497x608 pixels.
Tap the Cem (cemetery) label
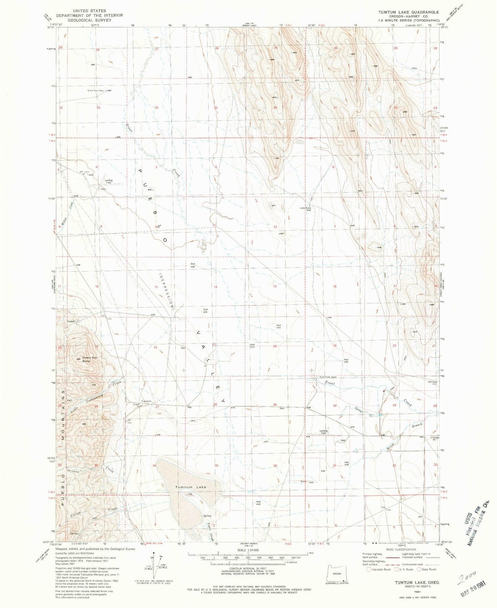point(103,189)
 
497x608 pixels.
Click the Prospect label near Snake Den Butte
point(71,321)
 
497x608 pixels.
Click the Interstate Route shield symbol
point(369,569)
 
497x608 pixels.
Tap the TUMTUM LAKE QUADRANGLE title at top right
point(409,12)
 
